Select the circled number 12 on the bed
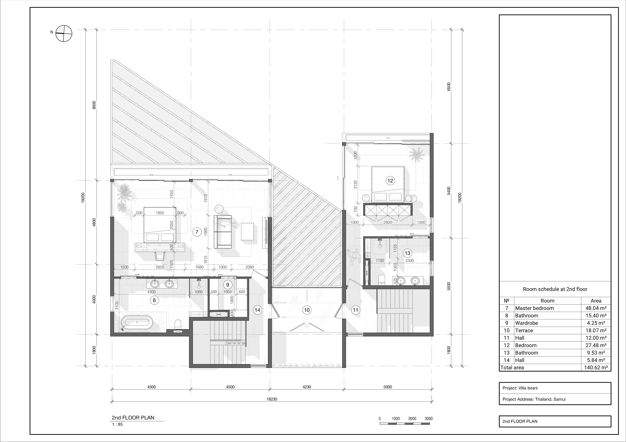[390, 181]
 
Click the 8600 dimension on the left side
[94, 105]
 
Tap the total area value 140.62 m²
[596, 367]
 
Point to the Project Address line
[534, 399]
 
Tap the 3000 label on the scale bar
[429, 419]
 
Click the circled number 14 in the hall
[257, 310]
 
